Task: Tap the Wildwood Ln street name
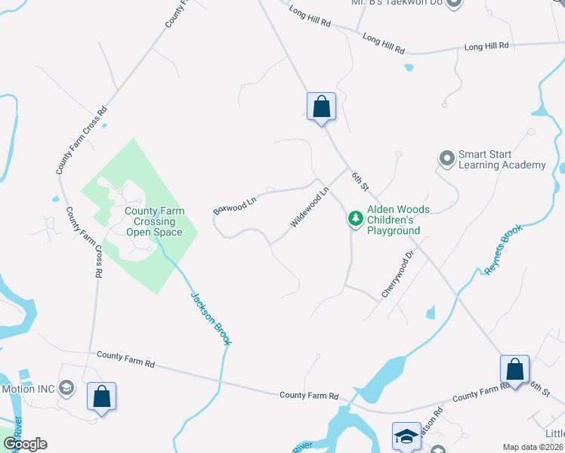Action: pyautogui.click(x=310, y=209)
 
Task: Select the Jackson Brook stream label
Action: pyautogui.click(x=211, y=319)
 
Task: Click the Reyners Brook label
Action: pyautogui.click(x=503, y=249)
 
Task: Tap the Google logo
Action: pyautogui.click(x=25, y=444)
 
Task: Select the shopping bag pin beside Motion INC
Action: pyautogui.click(x=101, y=396)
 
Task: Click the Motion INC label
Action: pyautogui.click(x=28, y=389)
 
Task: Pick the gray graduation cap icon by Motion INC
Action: pyautogui.click(x=66, y=388)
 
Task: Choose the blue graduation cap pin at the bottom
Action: pyautogui.click(x=406, y=436)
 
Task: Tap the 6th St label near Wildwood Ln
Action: pyautogui.click(x=360, y=180)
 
